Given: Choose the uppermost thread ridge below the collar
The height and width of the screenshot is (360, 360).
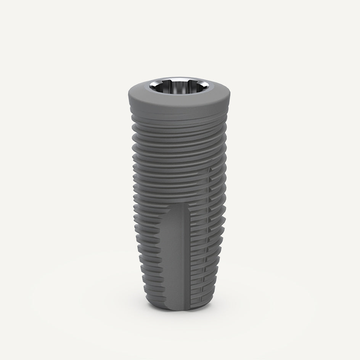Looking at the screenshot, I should (x=180, y=116).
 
